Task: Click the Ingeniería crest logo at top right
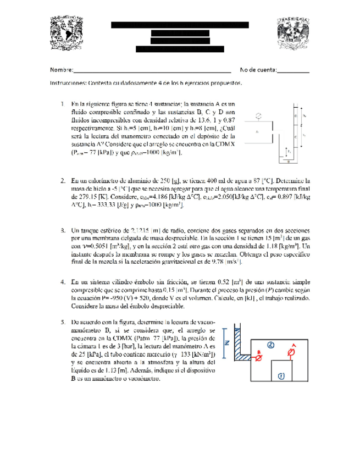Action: (x=292, y=35)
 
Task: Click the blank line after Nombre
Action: (x=152, y=70)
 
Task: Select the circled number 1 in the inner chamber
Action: (x=281, y=376)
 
